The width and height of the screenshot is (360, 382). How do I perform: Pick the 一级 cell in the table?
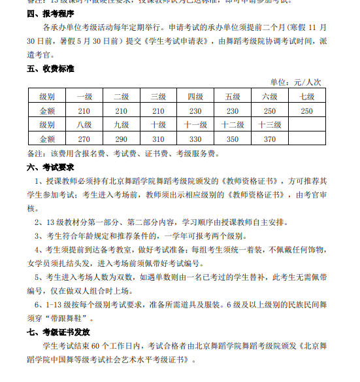(84, 97)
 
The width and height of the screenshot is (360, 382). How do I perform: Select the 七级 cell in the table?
(307, 97)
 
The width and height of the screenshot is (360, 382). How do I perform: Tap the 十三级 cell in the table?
(270, 124)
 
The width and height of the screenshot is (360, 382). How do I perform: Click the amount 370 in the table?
(270, 139)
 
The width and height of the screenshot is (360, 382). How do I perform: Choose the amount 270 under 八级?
(84, 139)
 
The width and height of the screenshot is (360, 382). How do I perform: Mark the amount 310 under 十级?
(158, 139)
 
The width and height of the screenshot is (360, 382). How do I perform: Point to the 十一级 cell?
(195, 124)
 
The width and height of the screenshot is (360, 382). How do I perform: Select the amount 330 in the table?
(195, 139)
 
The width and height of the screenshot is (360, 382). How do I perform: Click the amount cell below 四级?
(195, 111)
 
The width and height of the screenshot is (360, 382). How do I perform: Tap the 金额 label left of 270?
(47, 139)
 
